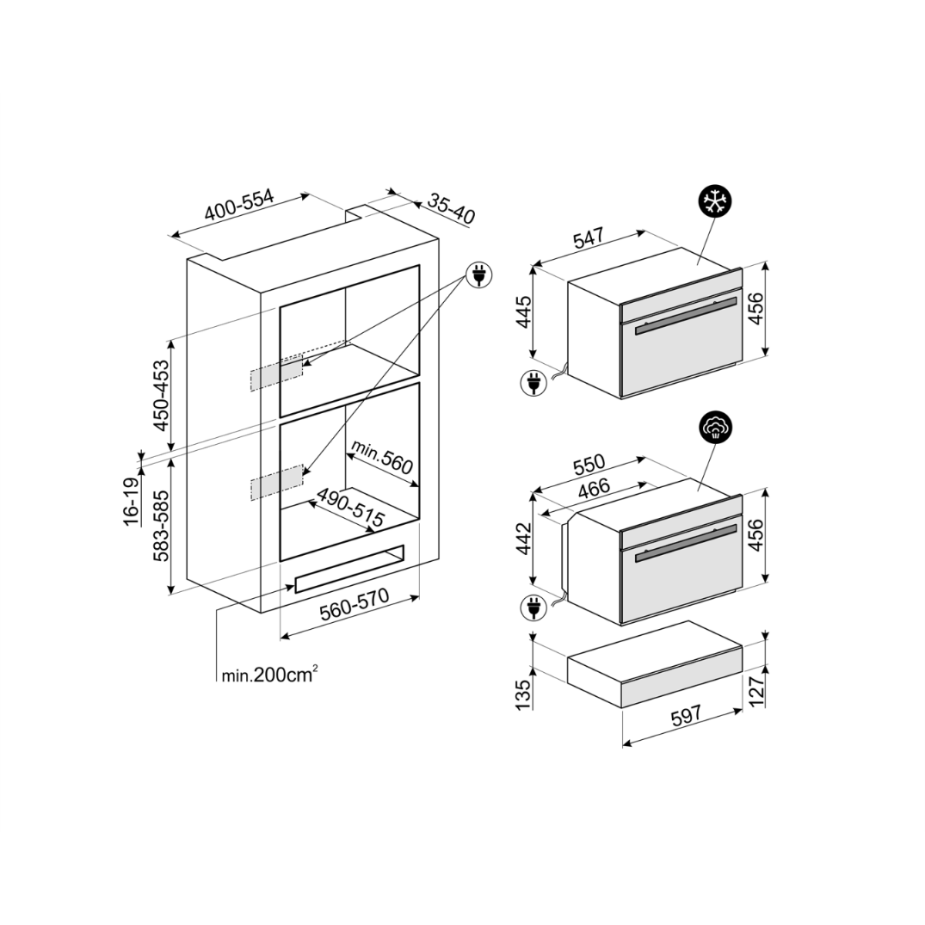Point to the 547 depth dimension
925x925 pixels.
(589, 238)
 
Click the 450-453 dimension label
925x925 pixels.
(161, 395)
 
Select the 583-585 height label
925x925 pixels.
(161, 526)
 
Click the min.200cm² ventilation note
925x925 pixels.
(270, 675)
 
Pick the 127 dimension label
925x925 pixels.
(756, 691)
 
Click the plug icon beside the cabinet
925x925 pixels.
(479, 274)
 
